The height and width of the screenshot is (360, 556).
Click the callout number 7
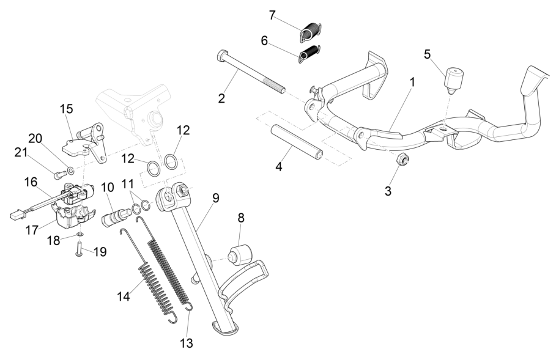click(x=272, y=13)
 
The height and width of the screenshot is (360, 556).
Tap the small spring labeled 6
click(x=310, y=54)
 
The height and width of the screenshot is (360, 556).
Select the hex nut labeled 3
click(x=403, y=161)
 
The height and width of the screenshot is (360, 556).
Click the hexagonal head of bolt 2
click(x=221, y=56)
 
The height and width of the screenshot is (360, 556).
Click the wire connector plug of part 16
click(x=16, y=215)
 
